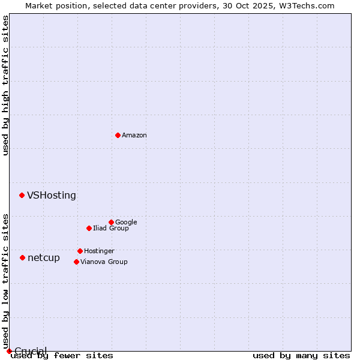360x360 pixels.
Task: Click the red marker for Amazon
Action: pyautogui.click(x=118, y=135)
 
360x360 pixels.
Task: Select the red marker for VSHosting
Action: pyautogui.click(x=22, y=195)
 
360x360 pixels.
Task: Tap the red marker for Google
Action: pyautogui.click(x=111, y=222)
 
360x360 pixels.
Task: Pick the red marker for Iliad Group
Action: pyautogui.click(x=89, y=228)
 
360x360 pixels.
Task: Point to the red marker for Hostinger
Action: pyautogui.click(x=80, y=251)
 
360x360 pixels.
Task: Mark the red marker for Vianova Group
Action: pyautogui.click(x=76, y=262)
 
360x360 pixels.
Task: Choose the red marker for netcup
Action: pyautogui.click(x=22, y=257)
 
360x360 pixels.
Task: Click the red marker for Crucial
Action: pyautogui.click(x=9, y=351)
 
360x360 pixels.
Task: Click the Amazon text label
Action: pyautogui.click(x=134, y=135)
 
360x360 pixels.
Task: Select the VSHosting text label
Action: pyautogui.click(x=52, y=195)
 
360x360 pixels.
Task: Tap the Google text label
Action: pyautogui.click(x=126, y=222)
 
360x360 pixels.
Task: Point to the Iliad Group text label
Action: pyautogui.click(x=111, y=228)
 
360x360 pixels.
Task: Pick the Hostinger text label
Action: pyautogui.click(x=99, y=251)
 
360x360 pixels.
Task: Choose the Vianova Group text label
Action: pyautogui.click(x=104, y=262)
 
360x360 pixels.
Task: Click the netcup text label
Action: pyautogui.click(x=44, y=257)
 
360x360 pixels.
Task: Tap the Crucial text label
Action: pyautogui.click(x=31, y=351)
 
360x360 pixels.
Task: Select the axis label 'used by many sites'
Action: pyautogui.click(x=301, y=356)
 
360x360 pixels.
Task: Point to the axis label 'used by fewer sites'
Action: pyautogui.click(x=62, y=356)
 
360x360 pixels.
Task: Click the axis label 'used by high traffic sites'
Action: pyautogui.click(x=6, y=85)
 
